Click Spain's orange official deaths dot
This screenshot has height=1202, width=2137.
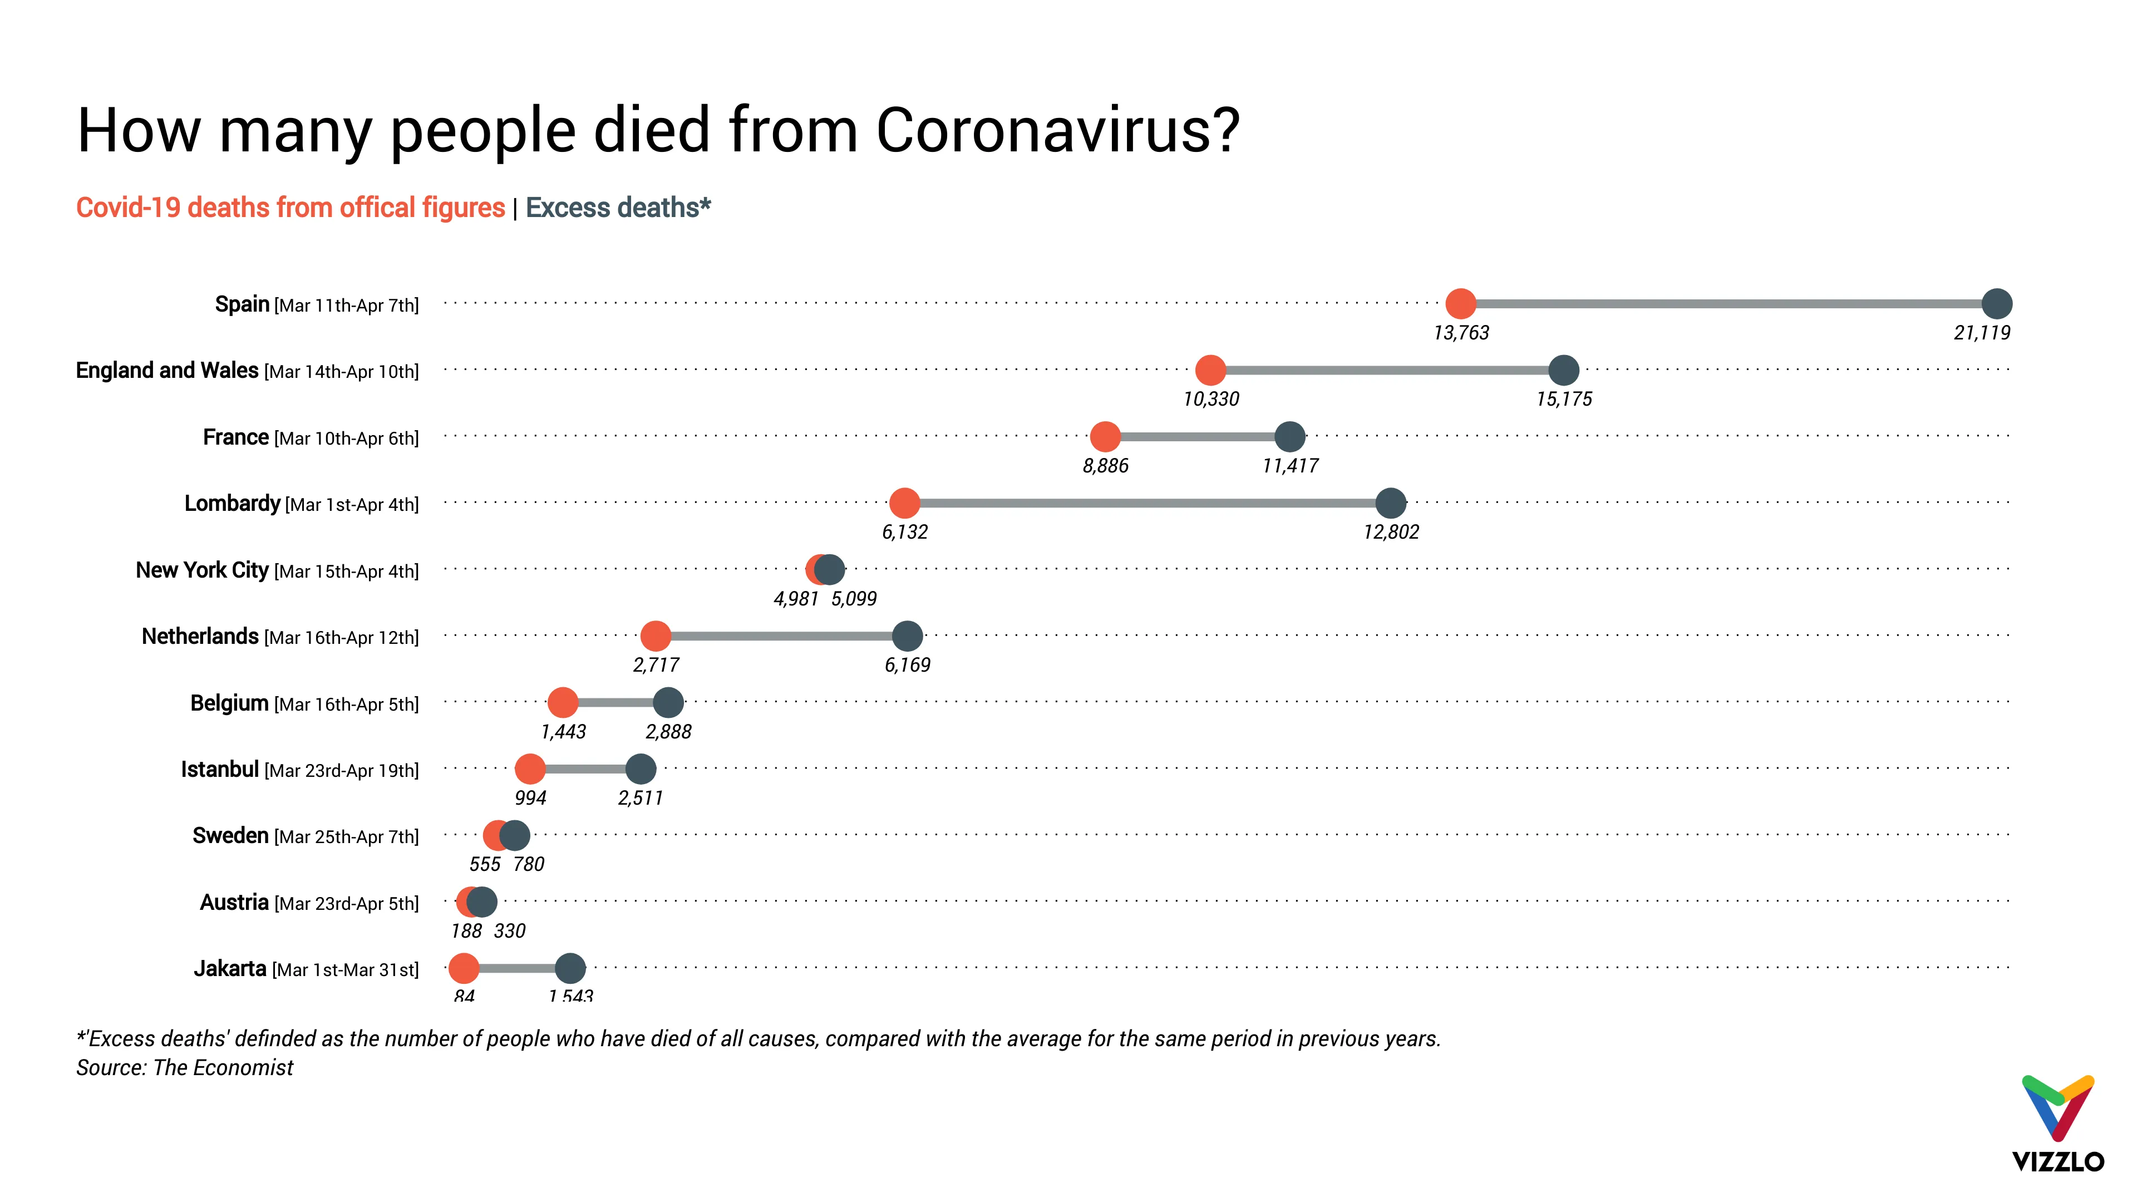(1460, 304)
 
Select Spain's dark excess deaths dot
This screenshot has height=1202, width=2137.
(1996, 304)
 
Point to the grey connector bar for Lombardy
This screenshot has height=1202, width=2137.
(1145, 503)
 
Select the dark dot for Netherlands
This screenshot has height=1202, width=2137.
(907, 636)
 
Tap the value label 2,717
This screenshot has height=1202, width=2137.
(656, 664)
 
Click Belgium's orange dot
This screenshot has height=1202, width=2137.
(563, 703)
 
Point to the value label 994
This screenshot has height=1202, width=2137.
(530, 798)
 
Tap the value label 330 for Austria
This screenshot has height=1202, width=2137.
(509, 931)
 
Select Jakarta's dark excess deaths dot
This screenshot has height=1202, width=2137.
(570, 968)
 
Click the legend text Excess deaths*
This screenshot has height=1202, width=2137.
(618, 208)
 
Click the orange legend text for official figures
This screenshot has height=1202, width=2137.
(290, 208)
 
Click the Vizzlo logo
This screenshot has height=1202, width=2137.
(2058, 1124)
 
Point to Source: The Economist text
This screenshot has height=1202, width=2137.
(184, 1068)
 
